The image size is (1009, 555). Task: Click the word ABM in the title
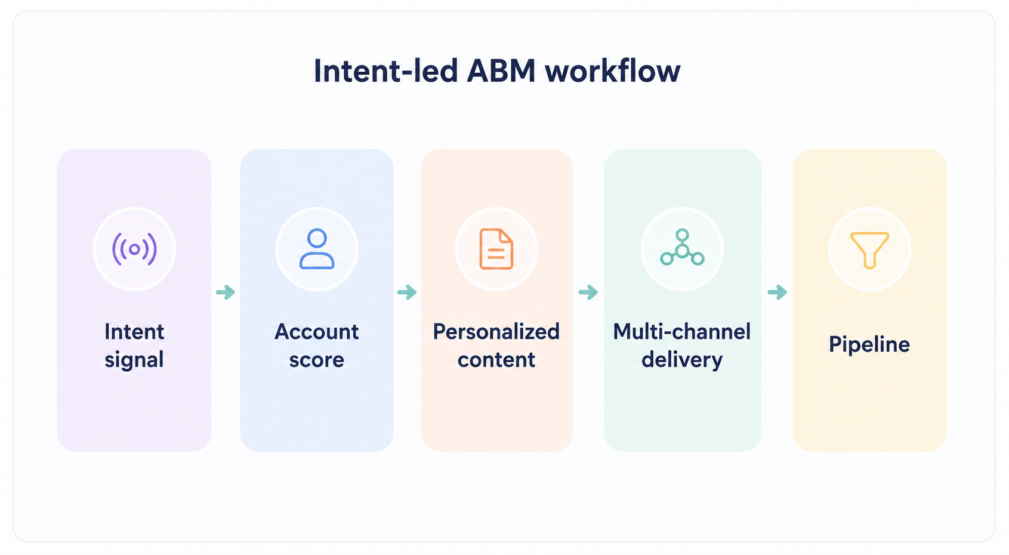[x=501, y=71]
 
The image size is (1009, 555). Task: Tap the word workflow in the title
[x=613, y=71]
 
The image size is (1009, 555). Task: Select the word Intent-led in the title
[x=385, y=71]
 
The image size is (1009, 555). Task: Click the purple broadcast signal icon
[x=134, y=249]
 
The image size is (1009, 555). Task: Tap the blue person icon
[x=317, y=249]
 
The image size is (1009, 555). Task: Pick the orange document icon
[x=496, y=249]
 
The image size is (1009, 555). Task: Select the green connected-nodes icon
[x=682, y=247]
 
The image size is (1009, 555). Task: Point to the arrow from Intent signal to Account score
[x=226, y=292]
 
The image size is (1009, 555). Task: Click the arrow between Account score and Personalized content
[x=407, y=292]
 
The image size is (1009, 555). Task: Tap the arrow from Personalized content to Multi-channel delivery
[x=588, y=292]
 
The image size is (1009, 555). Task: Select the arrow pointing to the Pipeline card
[x=777, y=292]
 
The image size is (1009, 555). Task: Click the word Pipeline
[x=869, y=344]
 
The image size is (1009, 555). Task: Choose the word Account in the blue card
[x=317, y=332]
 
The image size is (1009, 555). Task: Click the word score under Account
[x=317, y=360]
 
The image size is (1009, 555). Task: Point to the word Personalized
[x=496, y=332]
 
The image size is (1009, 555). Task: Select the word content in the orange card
[x=496, y=360]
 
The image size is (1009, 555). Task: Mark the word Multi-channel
[x=682, y=332]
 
